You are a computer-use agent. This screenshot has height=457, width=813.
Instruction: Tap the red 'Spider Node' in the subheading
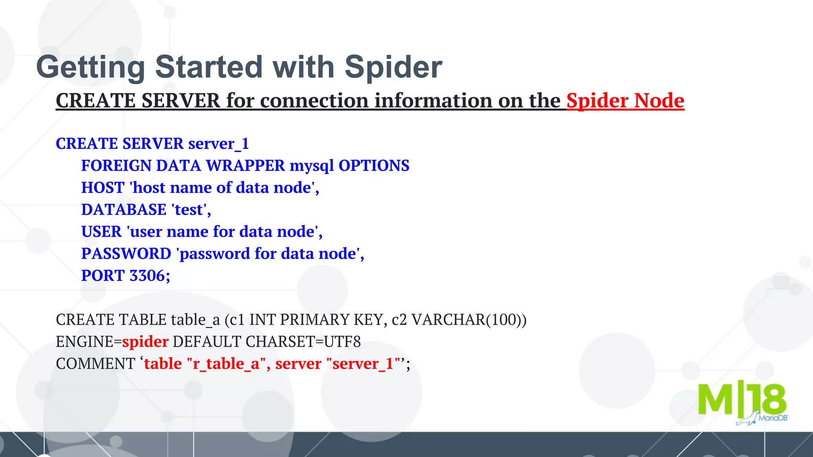pyautogui.click(x=625, y=101)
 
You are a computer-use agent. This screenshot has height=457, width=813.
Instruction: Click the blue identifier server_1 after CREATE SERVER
pyautogui.click(x=218, y=144)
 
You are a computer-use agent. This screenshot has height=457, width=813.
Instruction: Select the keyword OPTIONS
pyautogui.click(x=374, y=166)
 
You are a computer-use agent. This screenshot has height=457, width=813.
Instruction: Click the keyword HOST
pyautogui.click(x=103, y=188)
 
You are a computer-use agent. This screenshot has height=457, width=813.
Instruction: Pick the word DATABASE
pyautogui.click(x=123, y=210)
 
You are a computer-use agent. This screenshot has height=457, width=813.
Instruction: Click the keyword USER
pyautogui.click(x=101, y=232)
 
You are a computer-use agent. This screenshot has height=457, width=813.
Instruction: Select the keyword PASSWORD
pyautogui.click(x=126, y=254)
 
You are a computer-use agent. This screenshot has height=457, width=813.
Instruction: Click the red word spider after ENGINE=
pyautogui.click(x=145, y=342)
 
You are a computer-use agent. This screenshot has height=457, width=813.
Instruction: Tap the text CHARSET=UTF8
pyautogui.click(x=303, y=342)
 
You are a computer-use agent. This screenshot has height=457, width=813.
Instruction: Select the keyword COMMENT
pyautogui.click(x=95, y=364)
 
